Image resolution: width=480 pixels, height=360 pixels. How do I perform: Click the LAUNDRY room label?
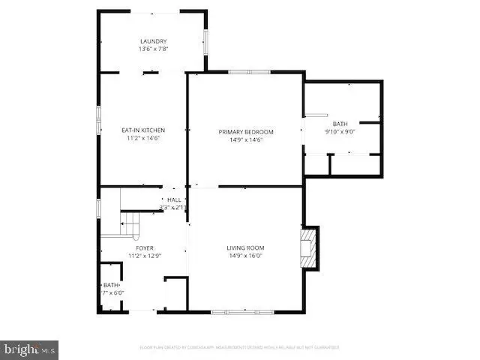point(153,41)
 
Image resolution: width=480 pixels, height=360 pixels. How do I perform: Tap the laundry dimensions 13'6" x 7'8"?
point(153,49)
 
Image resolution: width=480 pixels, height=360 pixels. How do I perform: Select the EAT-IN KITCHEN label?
point(143,130)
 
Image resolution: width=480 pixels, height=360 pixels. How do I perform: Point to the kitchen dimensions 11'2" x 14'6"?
point(143,139)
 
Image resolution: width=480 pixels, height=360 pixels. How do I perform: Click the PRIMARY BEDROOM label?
point(246,132)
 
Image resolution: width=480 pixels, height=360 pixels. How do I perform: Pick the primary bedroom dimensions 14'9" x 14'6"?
point(246,139)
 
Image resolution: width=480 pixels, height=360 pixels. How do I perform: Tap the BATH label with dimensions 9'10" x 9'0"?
point(340,124)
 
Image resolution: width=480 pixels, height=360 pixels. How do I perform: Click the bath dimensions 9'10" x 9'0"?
point(340,131)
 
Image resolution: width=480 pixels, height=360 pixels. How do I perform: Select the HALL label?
point(174,199)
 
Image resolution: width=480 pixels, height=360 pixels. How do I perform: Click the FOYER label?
point(145,247)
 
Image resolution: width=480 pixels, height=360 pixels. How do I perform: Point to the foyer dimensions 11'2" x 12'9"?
point(145,256)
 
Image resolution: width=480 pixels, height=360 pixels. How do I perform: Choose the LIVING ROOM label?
point(246,247)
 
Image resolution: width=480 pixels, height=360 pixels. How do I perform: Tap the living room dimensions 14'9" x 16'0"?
point(246,256)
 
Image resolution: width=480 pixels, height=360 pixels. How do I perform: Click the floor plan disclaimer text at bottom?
point(239,347)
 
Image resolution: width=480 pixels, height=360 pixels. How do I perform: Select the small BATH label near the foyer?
point(111,285)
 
